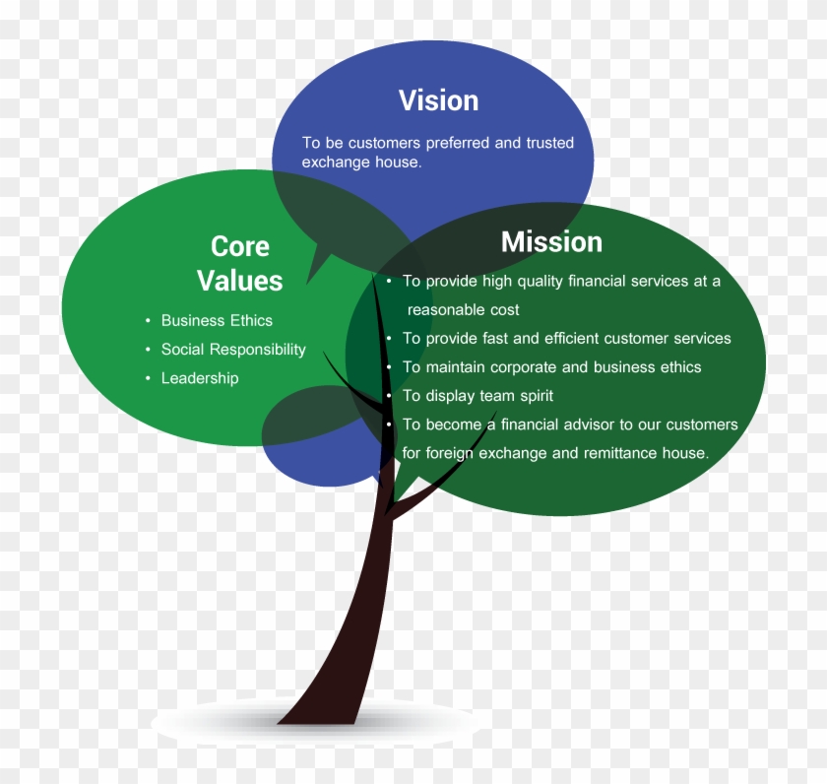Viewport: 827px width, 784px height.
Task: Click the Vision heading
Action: point(438,100)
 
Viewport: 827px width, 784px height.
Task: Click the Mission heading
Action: point(551,241)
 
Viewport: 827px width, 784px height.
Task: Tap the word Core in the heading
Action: point(240,246)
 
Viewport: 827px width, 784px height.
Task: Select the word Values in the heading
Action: point(240,280)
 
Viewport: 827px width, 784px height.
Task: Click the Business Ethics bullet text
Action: point(217,320)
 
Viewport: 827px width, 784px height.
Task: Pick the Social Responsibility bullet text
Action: point(233,350)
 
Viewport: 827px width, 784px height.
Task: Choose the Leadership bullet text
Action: point(200,378)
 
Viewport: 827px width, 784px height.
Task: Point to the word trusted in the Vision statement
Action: point(550,143)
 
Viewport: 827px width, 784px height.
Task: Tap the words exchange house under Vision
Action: point(362,162)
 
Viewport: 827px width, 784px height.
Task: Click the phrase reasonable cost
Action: point(463,309)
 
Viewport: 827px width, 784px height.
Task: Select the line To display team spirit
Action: point(477,396)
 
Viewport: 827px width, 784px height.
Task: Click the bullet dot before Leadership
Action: point(149,378)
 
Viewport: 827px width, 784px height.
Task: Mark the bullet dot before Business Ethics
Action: point(149,321)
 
